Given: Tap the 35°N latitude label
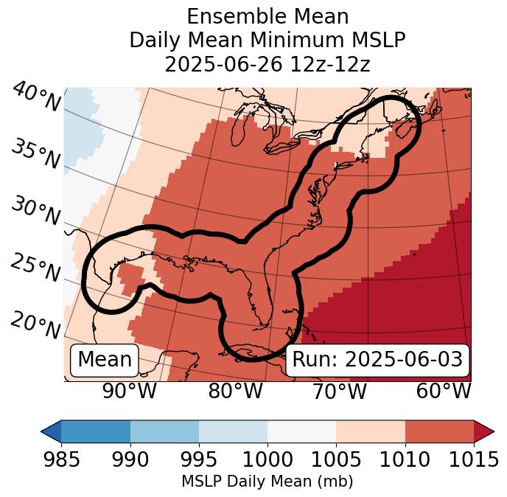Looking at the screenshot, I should coord(35,153).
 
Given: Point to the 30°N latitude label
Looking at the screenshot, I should coord(35,211).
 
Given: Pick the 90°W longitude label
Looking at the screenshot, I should coord(130,391).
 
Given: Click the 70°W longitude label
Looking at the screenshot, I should coord(339,391).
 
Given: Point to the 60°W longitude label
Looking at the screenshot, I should coord(444,391).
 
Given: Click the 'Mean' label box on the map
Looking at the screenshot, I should coord(105,360).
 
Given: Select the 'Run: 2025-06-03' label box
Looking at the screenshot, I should coord(377,360).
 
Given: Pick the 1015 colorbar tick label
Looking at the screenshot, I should coord(474,460).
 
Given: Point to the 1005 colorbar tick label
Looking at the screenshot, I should coord(336,460).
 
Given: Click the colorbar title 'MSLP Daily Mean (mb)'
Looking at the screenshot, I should coord(267,482).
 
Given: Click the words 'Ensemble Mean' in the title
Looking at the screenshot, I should coord(267,16).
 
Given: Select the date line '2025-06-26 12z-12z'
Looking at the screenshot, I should coord(267,64).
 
